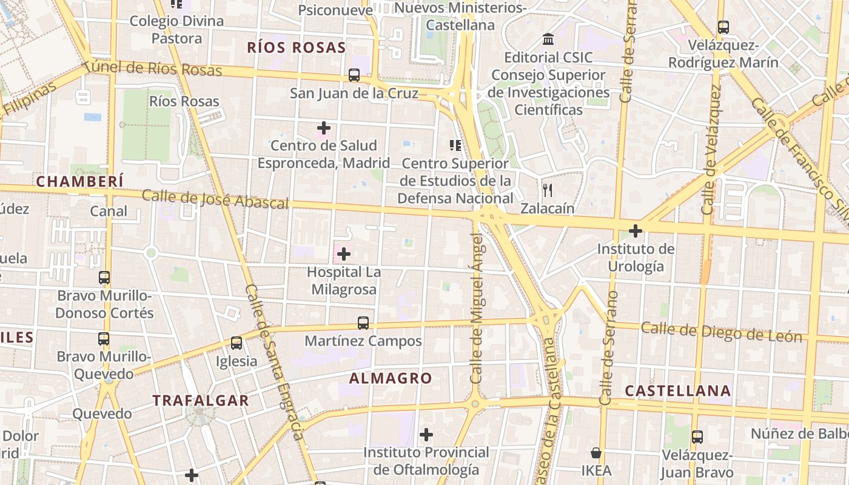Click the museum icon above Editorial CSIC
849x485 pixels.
548,39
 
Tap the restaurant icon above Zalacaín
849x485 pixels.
548,190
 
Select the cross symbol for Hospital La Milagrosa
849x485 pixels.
344,253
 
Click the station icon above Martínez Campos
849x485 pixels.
363,323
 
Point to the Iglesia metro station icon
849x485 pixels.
237,343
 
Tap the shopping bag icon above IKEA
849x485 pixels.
596,453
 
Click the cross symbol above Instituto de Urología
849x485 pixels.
636,231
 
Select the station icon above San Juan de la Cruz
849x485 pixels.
354,75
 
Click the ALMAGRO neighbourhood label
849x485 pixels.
391,378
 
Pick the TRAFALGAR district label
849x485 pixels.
200,400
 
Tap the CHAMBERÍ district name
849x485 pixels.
79,181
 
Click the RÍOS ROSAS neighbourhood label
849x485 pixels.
297,48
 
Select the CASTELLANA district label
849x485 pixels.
677,391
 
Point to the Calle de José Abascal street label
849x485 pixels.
215,199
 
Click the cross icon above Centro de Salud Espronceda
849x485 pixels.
324,128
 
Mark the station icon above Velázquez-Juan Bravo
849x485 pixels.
697,436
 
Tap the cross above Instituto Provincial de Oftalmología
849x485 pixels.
426,435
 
